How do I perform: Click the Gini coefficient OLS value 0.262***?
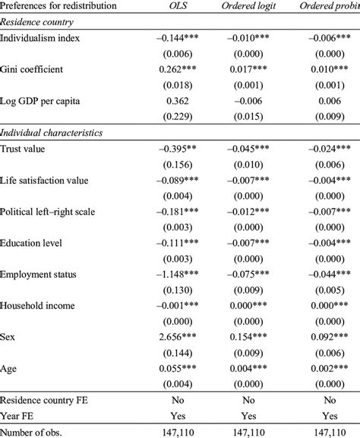click(182, 68)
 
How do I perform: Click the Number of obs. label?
click(35, 432)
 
